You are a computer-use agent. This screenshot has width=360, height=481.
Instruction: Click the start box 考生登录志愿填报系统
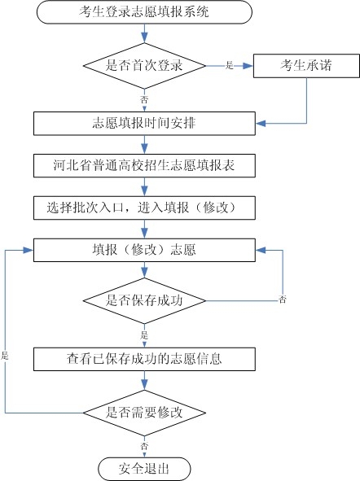144,12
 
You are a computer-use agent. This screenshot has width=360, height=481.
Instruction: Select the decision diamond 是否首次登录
144,65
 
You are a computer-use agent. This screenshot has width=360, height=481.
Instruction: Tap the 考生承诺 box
305,65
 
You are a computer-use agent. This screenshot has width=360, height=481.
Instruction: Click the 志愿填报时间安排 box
144,124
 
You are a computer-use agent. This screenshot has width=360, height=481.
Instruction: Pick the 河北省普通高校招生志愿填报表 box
144,165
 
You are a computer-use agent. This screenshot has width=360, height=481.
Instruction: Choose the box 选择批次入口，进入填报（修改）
144,207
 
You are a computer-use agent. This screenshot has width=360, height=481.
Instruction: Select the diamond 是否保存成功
144,300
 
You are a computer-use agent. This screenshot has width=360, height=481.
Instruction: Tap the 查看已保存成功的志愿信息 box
144,357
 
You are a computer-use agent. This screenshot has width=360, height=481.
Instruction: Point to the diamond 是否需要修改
144,412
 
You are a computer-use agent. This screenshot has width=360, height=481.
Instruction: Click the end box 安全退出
144,468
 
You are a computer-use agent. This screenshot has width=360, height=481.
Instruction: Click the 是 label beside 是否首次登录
229,65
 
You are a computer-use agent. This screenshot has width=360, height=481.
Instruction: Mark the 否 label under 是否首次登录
144,98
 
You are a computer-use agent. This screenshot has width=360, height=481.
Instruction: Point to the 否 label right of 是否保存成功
282,300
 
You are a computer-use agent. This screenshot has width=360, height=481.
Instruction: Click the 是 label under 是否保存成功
144,333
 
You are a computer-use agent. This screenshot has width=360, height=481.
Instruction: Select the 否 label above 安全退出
144,446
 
